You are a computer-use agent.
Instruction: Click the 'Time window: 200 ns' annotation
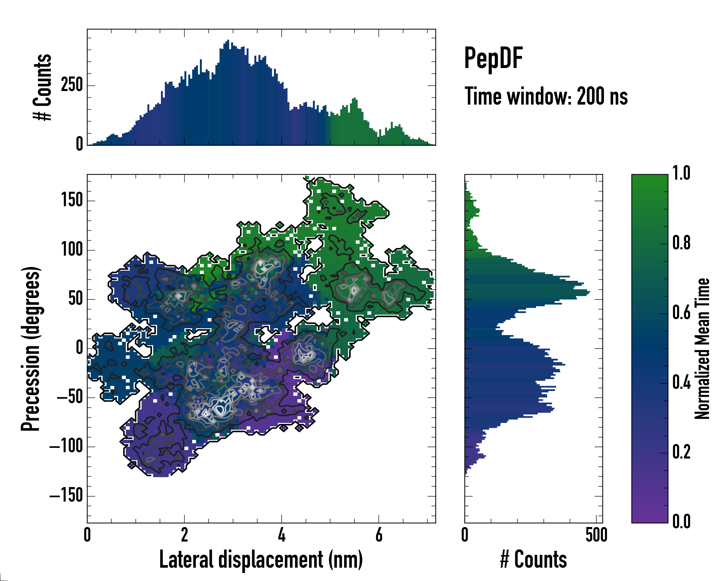coord(546,96)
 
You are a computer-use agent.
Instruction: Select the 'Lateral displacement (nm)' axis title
coord(261,559)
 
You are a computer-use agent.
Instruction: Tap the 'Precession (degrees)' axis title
coord(31,349)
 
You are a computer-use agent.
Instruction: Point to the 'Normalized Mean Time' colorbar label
coord(702,349)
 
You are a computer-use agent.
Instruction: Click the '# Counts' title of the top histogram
coord(43,87)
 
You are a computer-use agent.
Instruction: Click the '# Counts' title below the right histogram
coord(533,559)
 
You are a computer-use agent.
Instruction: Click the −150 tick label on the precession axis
coord(66,496)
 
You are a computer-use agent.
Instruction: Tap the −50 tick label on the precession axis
coord(70,398)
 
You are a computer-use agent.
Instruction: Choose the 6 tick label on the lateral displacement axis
coord(379,535)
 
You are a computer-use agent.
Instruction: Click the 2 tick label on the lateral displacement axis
coord(184,535)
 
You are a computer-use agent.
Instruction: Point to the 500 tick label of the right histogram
coord(596,535)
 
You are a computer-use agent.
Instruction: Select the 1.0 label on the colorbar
coord(681,174)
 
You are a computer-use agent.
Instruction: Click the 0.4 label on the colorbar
coord(681,383)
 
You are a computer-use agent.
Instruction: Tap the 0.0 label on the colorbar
coord(681,521)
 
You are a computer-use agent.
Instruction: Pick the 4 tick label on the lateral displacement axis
coord(281,535)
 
